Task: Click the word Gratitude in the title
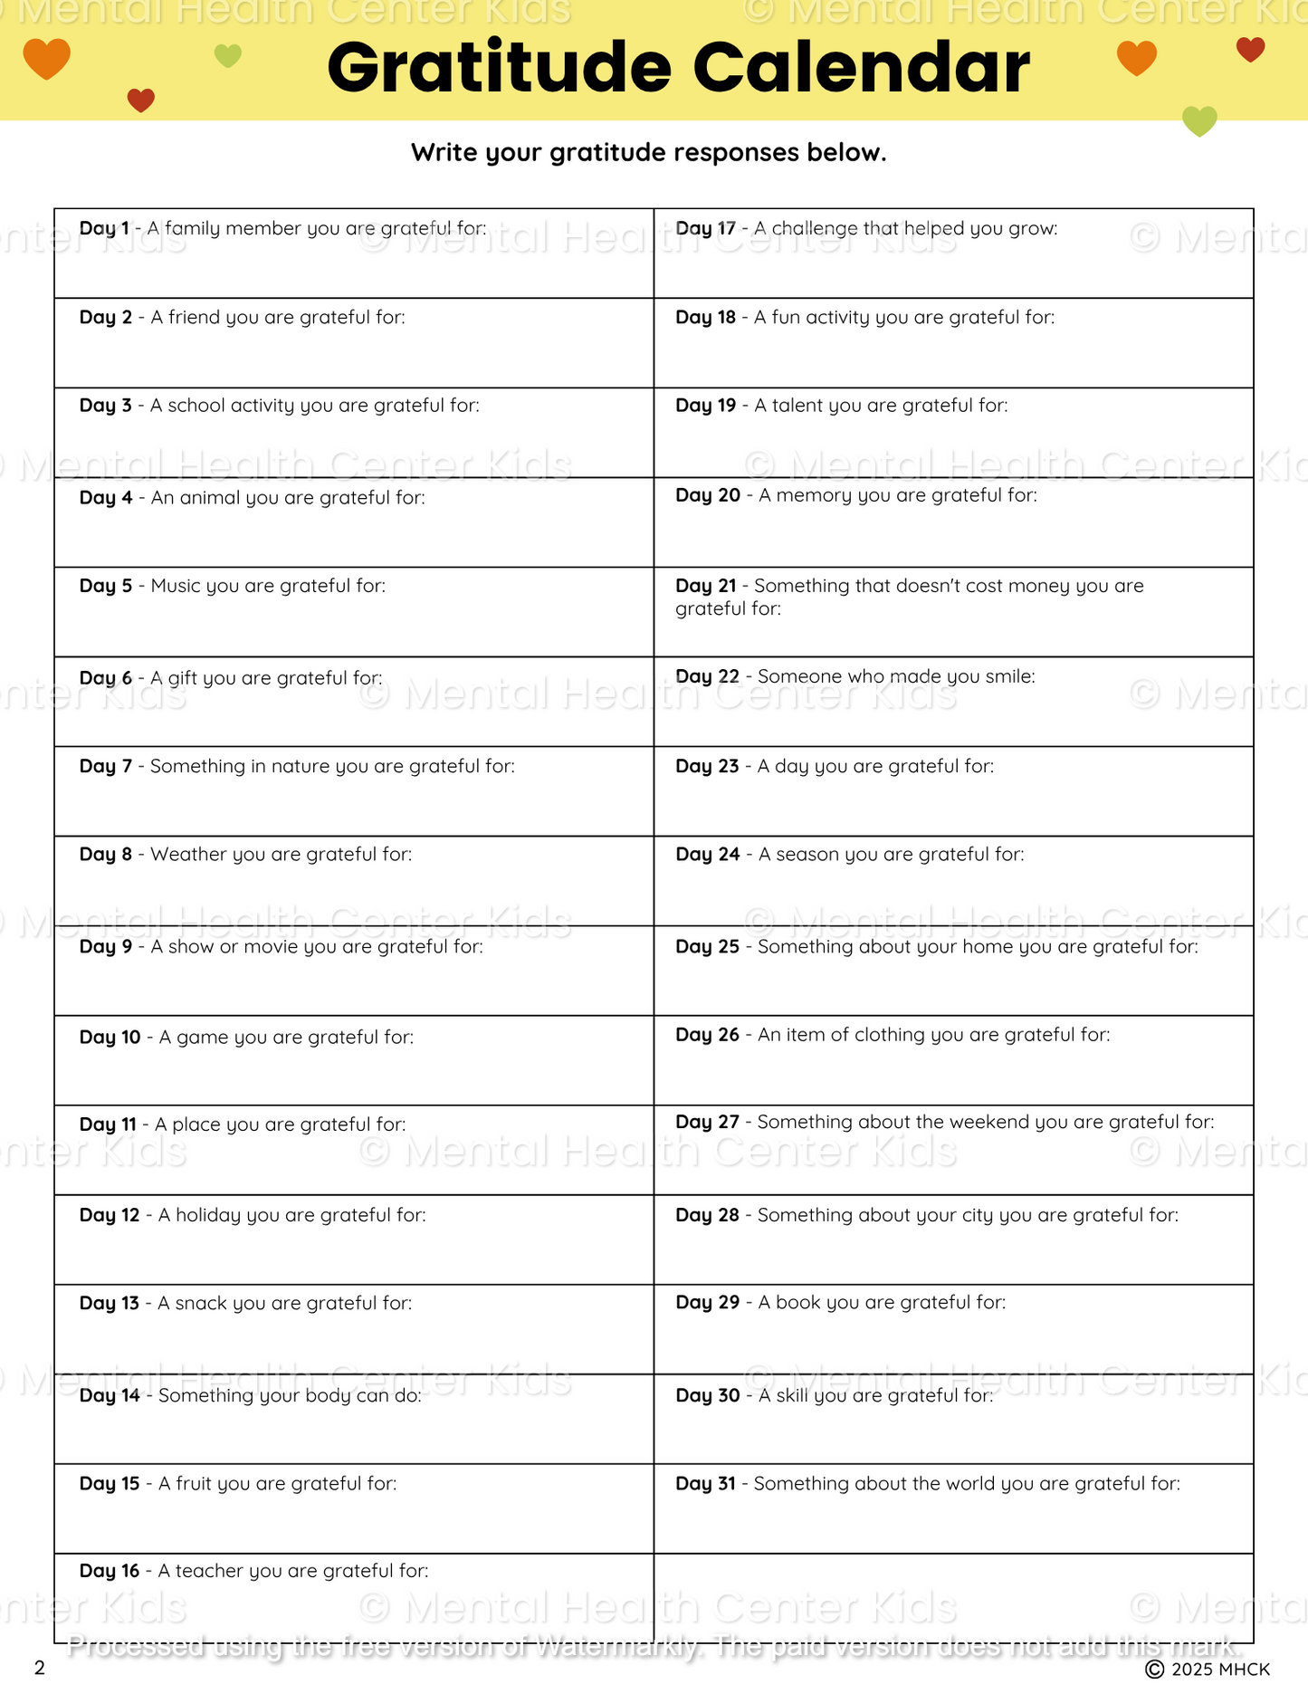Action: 500,69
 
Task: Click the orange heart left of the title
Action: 46,59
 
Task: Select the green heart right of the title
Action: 1199,120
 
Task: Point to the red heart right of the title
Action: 1250,50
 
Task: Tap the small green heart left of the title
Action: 228,56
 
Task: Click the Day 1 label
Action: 104,228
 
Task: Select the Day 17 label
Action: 705,228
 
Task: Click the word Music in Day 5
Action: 176,586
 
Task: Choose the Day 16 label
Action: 110,1570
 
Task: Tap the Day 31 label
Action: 705,1483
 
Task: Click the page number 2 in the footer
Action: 39,1668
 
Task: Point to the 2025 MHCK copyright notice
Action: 1208,1669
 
